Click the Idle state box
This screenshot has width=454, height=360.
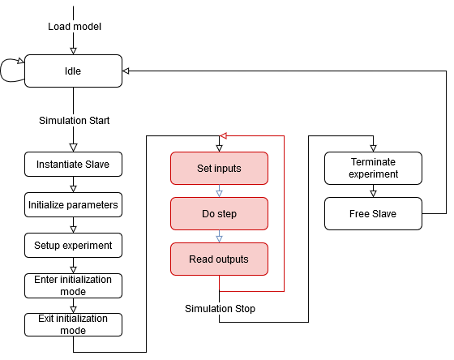coord(73,71)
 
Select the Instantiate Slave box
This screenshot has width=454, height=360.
coord(73,165)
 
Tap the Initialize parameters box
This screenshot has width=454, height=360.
coord(73,205)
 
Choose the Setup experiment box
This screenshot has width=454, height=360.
coord(73,246)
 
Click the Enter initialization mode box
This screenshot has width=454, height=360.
coord(73,285)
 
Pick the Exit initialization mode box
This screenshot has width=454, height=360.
coord(73,324)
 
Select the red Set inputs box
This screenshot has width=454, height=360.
coord(219,169)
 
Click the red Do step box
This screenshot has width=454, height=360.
coord(219,214)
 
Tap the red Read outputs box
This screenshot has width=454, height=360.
coord(219,259)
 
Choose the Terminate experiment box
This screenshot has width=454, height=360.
coord(373,169)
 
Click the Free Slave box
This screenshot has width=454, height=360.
coord(373,214)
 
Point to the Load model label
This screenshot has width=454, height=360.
coord(75,27)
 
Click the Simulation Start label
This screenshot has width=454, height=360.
coord(74,121)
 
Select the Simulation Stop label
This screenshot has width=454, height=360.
coord(220,309)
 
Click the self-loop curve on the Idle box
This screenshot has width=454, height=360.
coord(1,71)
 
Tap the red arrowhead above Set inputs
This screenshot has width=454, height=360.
coord(223,135)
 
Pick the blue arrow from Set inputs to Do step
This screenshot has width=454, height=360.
coord(219,191)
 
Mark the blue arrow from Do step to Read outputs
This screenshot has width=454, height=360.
coord(219,236)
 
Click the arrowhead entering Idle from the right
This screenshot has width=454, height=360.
coord(126,71)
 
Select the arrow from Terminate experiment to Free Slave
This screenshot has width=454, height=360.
coord(373,191)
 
